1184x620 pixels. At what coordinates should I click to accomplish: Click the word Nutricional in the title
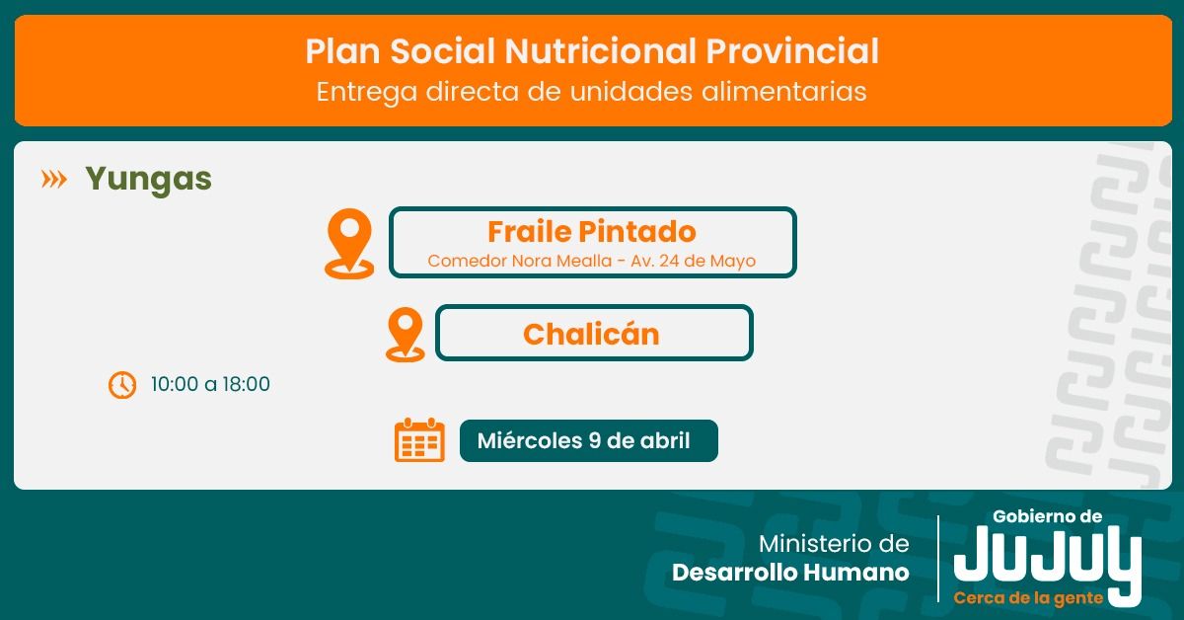pyautogui.click(x=601, y=51)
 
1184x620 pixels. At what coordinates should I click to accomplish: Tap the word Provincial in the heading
pyautogui.click(x=792, y=51)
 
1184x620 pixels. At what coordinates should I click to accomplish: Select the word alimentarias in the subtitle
pyautogui.click(x=783, y=91)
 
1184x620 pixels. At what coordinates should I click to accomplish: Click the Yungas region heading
pyautogui.click(x=149, y=180)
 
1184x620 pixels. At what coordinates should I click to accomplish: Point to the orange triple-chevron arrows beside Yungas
pyautogui.click(x=54, y=180)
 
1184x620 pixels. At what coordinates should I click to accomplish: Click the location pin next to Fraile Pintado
pyautogui.click(x=349, y=243)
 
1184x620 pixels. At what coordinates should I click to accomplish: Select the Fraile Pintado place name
pyautogui.click(x=591, y=232)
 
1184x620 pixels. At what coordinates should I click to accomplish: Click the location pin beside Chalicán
pyautogui.click(x=405, y=335)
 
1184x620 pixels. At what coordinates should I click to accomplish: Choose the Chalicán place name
pyautogui.click(x=591, y=335)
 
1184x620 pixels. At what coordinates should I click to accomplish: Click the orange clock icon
pyautogui.click(x=122, y=385)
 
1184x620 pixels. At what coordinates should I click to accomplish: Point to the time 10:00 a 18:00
pyautogui.click(x=210, y=384)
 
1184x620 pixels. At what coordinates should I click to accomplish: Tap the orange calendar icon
pyautogui.click(x=419, y=440)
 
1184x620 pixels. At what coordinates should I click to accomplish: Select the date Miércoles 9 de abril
pyautogui.click(x=583, y=440)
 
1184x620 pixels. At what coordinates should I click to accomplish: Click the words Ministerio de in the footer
pyautogui.click(x=834, y=544)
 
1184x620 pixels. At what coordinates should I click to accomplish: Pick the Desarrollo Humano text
pyautogui.click(x=790, y=573)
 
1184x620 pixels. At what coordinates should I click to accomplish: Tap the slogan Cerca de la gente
pyautogui.click(x=1028, y=598)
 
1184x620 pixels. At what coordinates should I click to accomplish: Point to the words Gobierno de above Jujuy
pyautogui.click(x=1047, y=516)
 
